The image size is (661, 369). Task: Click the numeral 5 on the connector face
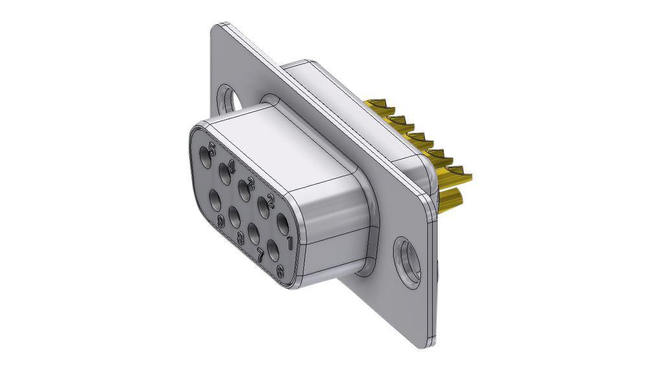coord(212,139)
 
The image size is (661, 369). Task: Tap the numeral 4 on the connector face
coord(231,154)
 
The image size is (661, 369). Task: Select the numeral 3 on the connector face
coord(250,171)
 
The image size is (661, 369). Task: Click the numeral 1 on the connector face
coord(288,242)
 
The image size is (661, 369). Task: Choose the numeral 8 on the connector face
coord(240,238)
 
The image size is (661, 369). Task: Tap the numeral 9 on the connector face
coord(221,222)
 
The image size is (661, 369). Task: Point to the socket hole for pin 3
coord(244,188)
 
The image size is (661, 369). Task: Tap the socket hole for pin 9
coord(215,197)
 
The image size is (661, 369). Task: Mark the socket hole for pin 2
coord(264,206)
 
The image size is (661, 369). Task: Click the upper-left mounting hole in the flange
coord(229,99)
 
